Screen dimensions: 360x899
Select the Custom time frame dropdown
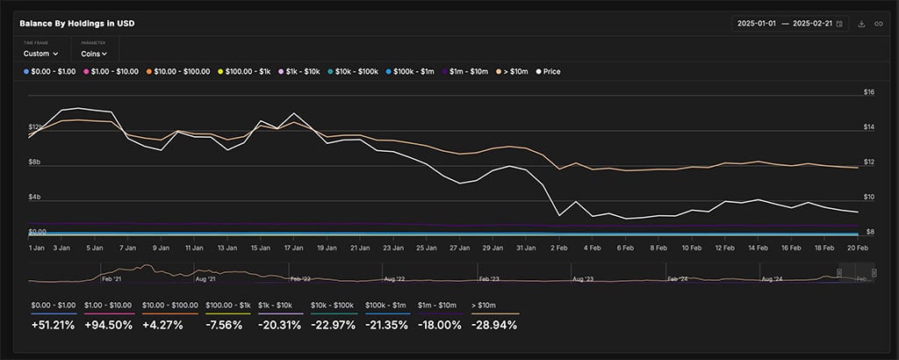(x=40, y=54)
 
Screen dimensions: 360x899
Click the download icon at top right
(x=861, y=24)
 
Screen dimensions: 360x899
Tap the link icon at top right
(x=878, y=24)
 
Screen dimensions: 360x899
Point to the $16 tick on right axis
(x=869, y=92)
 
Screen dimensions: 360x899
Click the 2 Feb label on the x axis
(x=557, y=248)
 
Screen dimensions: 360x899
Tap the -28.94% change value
(x=496, y=325)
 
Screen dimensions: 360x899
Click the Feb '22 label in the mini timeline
(x=300, y=278)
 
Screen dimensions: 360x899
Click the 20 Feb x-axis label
(x=856, y=248)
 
